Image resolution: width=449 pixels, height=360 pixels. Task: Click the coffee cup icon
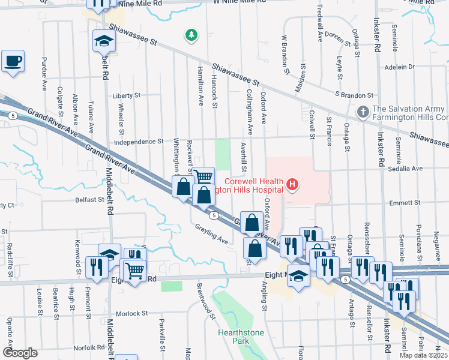(13, 61)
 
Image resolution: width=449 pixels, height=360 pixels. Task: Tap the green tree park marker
(191, 35)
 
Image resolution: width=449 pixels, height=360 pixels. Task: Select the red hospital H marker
(292, 184)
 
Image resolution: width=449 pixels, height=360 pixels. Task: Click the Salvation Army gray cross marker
(363, 112)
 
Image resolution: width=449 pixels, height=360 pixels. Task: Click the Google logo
(20, 353)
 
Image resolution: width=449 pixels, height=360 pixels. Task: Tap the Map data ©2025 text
(423, 355)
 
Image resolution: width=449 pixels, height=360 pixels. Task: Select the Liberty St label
(126, 95)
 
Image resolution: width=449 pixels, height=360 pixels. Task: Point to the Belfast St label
(91, 200)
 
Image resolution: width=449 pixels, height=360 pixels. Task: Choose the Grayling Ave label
(211, 234)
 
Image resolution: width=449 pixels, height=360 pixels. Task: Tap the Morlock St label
(131, 313)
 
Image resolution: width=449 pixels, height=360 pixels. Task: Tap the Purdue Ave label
(44, 74)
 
